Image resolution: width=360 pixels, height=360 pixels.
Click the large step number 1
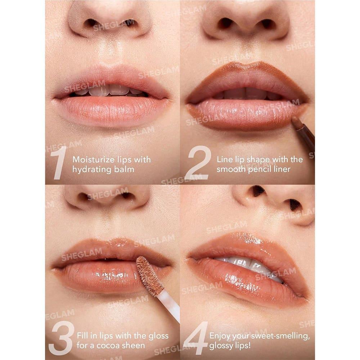tap(59, 163)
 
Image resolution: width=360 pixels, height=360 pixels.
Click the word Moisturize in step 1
tap(93, 159)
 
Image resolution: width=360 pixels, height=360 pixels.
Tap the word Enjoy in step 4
tap(220, 336)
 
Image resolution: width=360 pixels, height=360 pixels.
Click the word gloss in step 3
tap(158, 336)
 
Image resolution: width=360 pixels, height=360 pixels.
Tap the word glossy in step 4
tap(220, 346)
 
